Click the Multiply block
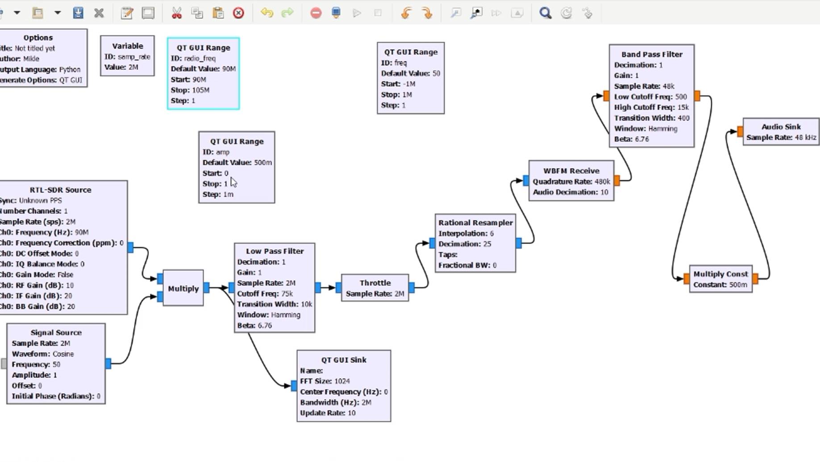click(x=183, y=288)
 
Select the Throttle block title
click(x=375, y=283)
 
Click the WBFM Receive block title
click(x=571, y=171)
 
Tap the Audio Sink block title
click(x=781, y=127)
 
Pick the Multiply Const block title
click(x=720, y=274)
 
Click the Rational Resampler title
click(x=475, y=223)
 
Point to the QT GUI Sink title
click(x=343, y=360)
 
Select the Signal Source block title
click(x=56, y=333)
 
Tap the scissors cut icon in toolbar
click(x=177, y=13)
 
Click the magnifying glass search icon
click(x=545, y=13)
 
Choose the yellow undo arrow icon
click(x=267, y=13)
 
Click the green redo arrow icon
click(x=287, y=13)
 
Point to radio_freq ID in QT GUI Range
click(x=200, y=58)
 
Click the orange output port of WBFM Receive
click(x=617, y=180)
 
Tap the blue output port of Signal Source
click(x=108, y=363)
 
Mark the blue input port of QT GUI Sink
click(x=294, y=386)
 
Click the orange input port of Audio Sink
click(x=740, y=132)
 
